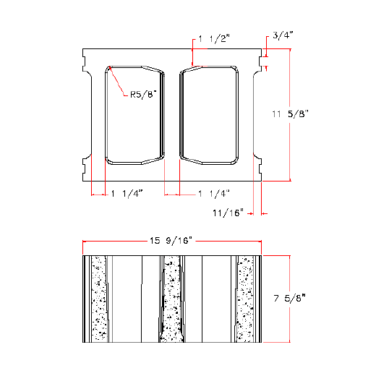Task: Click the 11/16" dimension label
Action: coord(228,213)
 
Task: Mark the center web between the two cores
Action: coord(173,114)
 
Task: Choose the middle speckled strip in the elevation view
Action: coord(171,298)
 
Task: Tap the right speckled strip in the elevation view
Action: coord(246,298)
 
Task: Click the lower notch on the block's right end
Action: coord(258,166)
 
